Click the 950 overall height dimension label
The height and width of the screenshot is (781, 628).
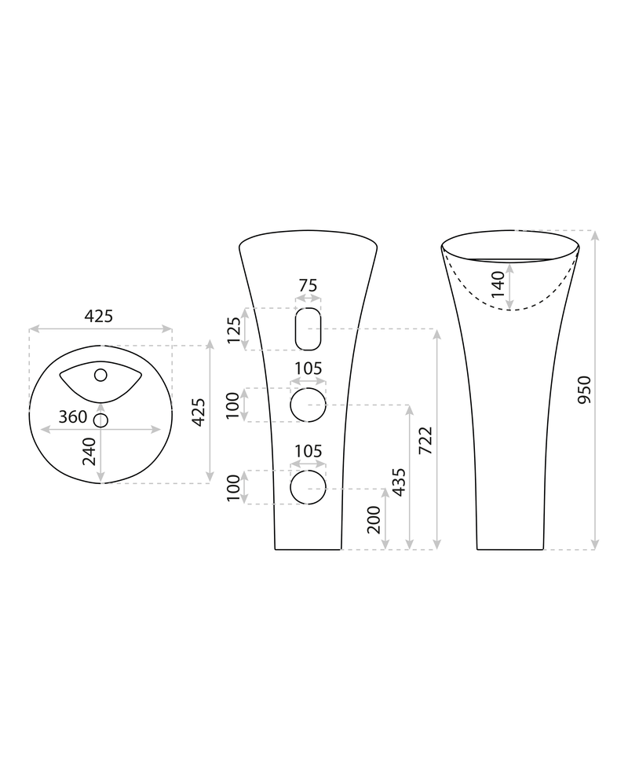584,390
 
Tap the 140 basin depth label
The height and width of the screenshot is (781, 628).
498,284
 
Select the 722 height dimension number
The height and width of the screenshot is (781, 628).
425,440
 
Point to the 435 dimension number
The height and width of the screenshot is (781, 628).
399,482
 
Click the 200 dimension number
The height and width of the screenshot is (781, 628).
374,519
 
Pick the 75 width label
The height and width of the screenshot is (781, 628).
308,285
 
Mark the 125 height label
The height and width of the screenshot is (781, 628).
234,329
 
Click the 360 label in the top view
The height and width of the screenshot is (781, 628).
73,416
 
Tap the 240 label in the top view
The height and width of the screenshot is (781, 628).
89,451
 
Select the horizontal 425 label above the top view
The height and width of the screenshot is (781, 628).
99,316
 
